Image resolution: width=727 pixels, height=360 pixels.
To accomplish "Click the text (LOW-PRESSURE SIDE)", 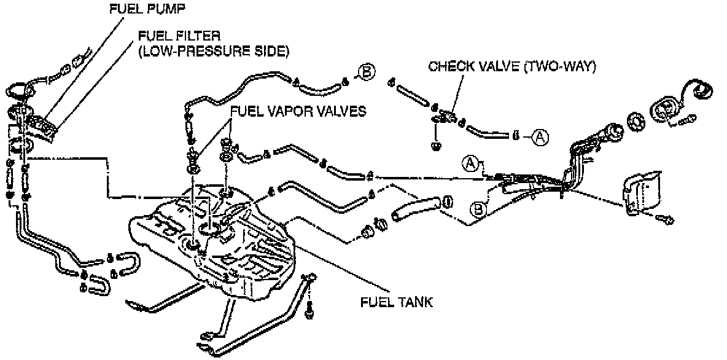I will [212, 51].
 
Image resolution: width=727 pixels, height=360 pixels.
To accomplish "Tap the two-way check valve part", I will [446, 116].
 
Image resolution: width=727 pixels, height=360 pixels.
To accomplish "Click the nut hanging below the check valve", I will [435, 146].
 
